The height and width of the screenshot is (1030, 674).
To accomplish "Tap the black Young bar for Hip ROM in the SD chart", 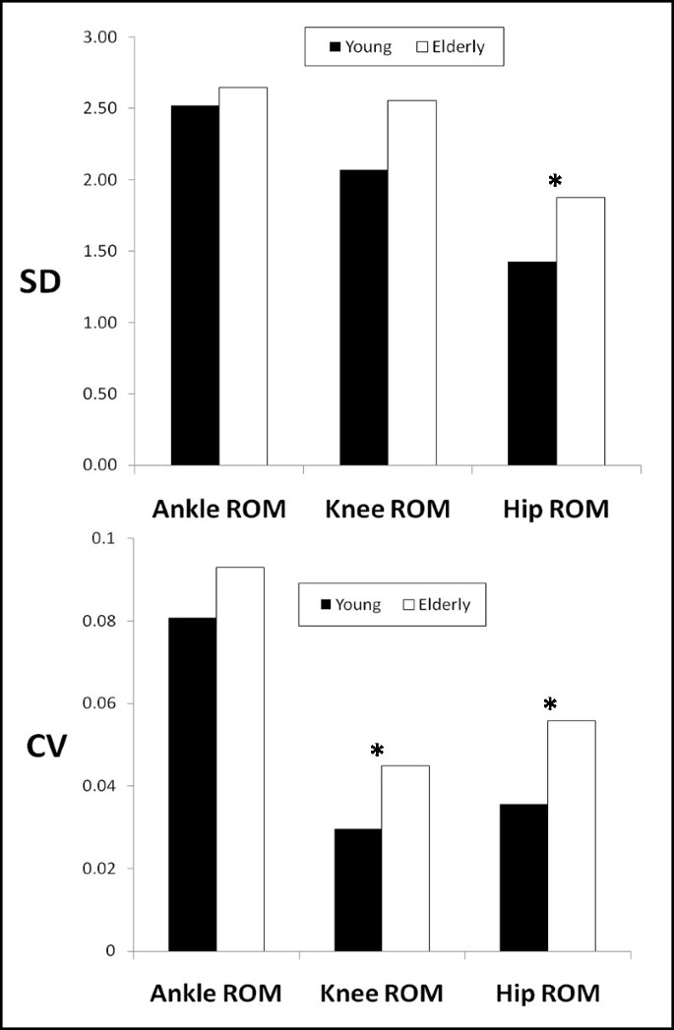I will point(532,363).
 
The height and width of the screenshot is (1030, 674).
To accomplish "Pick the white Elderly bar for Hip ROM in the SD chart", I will point(581,331).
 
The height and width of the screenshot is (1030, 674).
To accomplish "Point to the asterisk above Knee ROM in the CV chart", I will point(377,752).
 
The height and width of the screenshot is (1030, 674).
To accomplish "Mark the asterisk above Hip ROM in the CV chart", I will point(550,704).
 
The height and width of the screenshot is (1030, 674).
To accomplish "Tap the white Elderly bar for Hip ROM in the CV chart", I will point(573,835).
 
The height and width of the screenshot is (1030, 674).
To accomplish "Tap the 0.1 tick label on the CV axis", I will point(105,539).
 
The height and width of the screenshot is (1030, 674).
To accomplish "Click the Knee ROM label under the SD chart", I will point(386,510).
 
